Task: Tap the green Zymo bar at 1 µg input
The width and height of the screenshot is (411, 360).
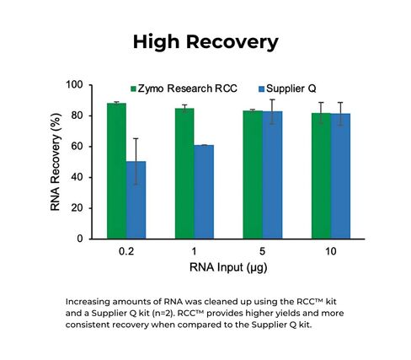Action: click(184, 174)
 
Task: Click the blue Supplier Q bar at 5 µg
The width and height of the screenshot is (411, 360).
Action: click(272, 175)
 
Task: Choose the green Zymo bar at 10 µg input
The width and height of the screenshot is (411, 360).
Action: click(321, 176)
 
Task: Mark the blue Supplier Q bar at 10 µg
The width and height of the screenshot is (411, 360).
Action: click(340, 176)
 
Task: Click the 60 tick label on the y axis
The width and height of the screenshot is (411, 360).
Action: click(77, 147)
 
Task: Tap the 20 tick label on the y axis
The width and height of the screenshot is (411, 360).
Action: click(77, 208)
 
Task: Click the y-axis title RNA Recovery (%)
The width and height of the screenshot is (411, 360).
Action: click(56, 162)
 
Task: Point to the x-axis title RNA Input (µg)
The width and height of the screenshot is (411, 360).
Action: click(229, 268)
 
